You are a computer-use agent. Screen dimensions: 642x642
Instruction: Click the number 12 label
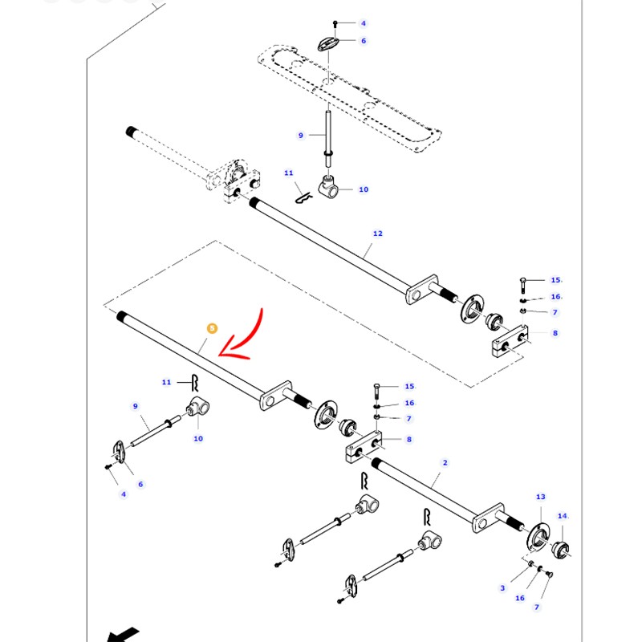click(x=378, y=234)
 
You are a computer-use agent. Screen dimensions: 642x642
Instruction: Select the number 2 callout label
click(x=445, y=463)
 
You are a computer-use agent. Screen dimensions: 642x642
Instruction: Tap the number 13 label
click(x=540, y=498)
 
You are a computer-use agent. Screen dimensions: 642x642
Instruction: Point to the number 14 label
click(x=562, y=516)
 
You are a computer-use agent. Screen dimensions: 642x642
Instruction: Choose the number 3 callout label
click(x=503, y=587)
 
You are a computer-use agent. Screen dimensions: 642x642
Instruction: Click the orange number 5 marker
click(x=212, y=328)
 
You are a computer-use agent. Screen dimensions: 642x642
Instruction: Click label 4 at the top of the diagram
click(x=363, y=24)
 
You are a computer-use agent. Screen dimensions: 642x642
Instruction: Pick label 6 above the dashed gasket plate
click(x=363, y=41)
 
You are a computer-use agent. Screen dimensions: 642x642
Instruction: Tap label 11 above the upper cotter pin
click(x=289, y=173)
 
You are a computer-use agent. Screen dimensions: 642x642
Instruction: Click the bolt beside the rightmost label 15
click(x=522, y=285)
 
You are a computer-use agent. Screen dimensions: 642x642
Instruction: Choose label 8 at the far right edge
click(x=554, y=332)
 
